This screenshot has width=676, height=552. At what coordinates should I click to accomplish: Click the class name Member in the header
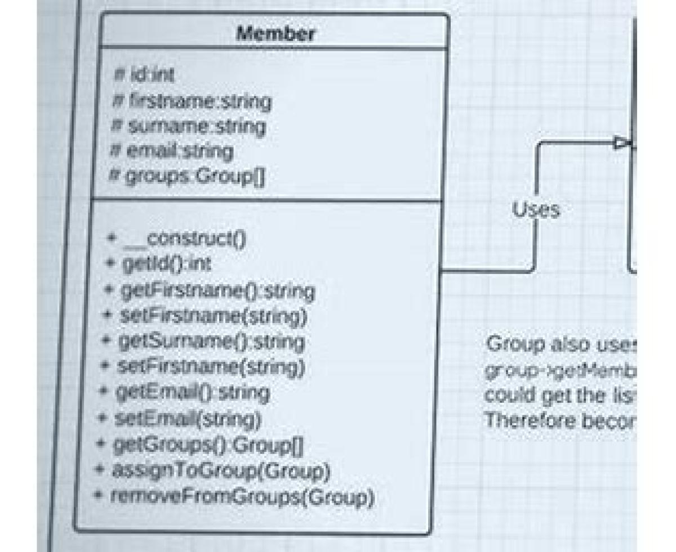(275, 34)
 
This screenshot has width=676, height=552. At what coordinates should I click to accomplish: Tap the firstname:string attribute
(192, 102)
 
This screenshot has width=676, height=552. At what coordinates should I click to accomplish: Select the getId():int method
(159, 264)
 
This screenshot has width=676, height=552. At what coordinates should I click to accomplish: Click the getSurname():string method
(204, 342)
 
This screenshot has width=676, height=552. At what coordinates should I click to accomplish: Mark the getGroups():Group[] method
(201, 446)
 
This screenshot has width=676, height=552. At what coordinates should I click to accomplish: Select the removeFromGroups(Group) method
(233, 497)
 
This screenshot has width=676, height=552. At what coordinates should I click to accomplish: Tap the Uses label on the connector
(536, 209)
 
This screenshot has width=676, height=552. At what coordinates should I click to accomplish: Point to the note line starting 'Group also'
(561, 344)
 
